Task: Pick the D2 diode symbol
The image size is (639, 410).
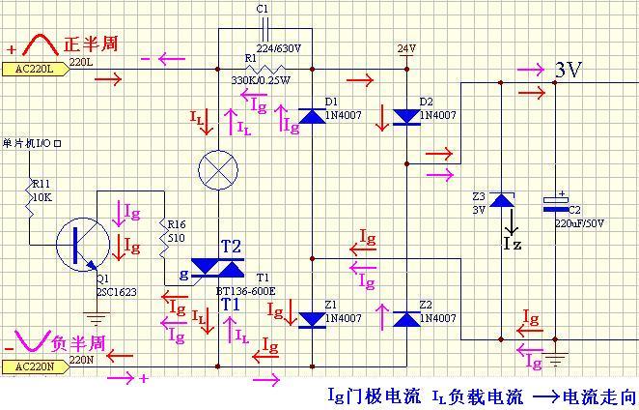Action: (405, 117)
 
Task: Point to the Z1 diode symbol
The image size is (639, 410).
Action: (311, 319)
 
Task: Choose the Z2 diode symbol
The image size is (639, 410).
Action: (405, 319)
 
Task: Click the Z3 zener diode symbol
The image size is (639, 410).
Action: (501, 200)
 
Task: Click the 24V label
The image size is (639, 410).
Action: (405, 47)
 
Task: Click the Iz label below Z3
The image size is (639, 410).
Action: (513, 243)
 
